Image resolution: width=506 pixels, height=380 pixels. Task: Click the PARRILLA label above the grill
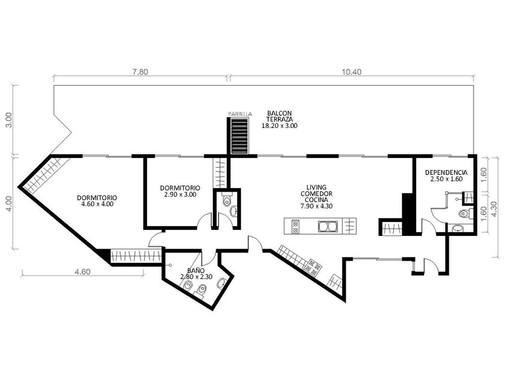point(240,114)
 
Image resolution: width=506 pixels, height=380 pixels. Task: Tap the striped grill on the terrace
point(240,136)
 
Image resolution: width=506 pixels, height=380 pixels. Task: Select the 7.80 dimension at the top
point(140,72)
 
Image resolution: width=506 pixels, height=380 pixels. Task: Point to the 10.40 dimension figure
point(352,72)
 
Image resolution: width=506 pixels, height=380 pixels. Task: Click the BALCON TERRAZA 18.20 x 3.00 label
point(280,119)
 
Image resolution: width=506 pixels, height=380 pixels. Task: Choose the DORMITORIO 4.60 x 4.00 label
point(97,201)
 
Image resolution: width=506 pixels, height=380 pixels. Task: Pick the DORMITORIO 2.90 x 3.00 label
point(180,191)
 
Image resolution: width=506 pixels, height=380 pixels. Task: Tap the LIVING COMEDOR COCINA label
point(317,197)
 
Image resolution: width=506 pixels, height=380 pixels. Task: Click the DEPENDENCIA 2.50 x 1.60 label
point(446,176)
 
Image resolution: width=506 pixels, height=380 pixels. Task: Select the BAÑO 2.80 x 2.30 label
point(196,273)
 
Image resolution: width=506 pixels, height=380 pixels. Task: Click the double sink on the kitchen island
point(328,226)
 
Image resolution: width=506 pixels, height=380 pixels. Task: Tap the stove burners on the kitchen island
point(295,226)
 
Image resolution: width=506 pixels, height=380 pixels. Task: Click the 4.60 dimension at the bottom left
point(83,272)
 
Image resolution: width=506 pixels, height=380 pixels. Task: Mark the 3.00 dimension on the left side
point(10,120)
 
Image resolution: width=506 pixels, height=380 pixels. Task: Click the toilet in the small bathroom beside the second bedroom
point(227,200)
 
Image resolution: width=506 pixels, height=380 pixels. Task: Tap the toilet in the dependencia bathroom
point(463,214)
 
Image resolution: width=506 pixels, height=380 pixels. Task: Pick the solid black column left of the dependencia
point(408,214)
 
